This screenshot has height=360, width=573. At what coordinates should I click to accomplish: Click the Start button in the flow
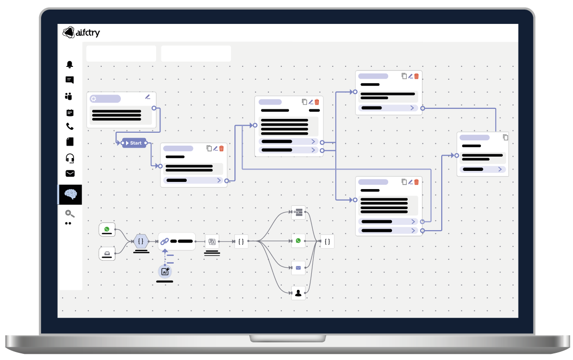click(134, 143)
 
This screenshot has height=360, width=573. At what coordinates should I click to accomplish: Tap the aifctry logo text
click(87, 33)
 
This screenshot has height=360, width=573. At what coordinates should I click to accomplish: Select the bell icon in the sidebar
click(70, 64)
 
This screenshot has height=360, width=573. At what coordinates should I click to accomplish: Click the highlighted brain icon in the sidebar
click(71, 194)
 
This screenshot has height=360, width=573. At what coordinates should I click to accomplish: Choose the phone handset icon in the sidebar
click(70, 127)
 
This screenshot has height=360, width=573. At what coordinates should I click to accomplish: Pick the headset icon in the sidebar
click(70, 158)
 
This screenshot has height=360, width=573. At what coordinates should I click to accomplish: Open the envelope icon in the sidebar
click(70, 173)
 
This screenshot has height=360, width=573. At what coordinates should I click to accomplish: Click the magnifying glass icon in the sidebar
click(70, 214)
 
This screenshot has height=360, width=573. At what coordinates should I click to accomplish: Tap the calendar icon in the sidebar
click(70, 113)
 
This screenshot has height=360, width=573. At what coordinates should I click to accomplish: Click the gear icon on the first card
click(94, 99)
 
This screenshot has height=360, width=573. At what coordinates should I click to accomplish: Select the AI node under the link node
click(165, 272)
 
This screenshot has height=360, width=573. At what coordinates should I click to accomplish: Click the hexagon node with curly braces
click(141, 242)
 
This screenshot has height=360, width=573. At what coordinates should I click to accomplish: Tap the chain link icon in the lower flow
click(165, 242)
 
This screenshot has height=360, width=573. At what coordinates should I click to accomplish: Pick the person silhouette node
click(298, 293)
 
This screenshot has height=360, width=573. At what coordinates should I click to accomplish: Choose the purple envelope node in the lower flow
click(298, 268)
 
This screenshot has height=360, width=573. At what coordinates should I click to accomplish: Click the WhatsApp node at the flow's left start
click(107, 229)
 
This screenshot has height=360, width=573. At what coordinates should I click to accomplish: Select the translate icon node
click(212, 242)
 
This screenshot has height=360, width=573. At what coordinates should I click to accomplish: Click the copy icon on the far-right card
click(505, 138)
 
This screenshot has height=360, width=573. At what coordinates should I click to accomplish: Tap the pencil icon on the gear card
click(148, 96)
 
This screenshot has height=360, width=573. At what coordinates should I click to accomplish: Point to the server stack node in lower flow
click(298, 212)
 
